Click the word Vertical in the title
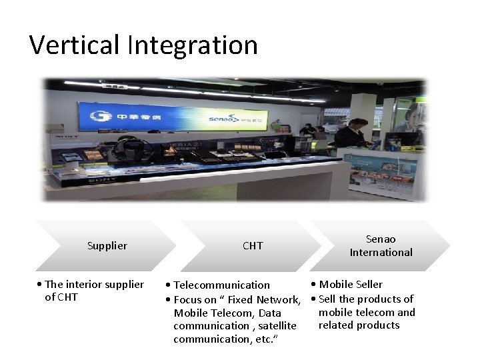point(75,45)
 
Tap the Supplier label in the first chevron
point(107,246)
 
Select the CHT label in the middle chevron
point(253,246)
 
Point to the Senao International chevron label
point(381,246)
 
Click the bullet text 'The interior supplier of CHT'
point(93,291)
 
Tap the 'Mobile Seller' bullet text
point(351,285)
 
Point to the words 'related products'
point(359,325)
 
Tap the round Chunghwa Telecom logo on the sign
point(97,115)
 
